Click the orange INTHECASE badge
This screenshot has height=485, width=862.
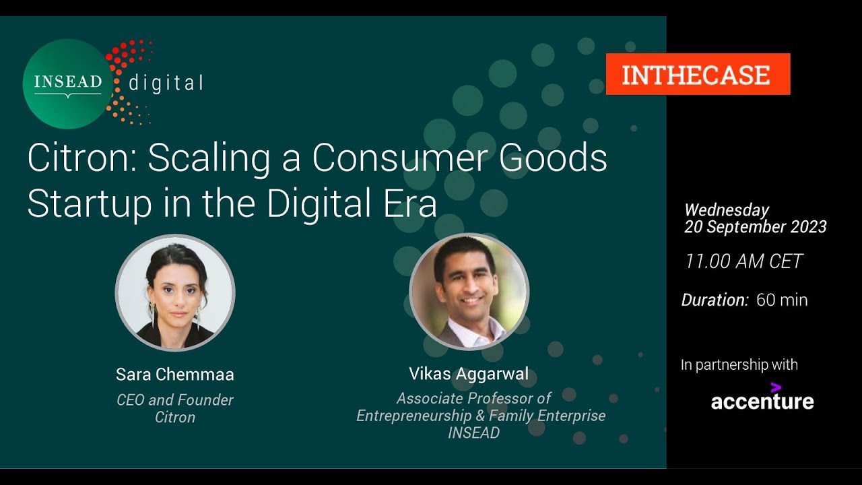tap(698, 74)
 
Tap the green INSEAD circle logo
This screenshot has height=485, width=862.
tap(67, 84)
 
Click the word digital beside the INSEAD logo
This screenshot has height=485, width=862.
tap(166, 84)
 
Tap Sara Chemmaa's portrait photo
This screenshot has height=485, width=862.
tap(175, 293)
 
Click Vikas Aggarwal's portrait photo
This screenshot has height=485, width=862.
tap(469, 293)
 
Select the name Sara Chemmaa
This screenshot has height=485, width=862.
tap(175, 375)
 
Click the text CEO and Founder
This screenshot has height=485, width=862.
tap(175, 400)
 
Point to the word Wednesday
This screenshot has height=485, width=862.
tap(727, 210)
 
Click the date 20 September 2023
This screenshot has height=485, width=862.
tap(756, 227)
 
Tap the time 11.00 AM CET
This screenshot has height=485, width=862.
tap(743, 261)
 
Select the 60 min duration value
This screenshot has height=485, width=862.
tap(782, 300)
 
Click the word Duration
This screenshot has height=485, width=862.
tap(715, 300)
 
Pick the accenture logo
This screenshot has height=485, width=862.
tap(762, 401)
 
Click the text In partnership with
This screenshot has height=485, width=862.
tap(739, 365)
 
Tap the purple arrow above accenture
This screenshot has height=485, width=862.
tap(776, 387)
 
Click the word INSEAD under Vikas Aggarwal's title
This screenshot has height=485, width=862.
tap(474, 432)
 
